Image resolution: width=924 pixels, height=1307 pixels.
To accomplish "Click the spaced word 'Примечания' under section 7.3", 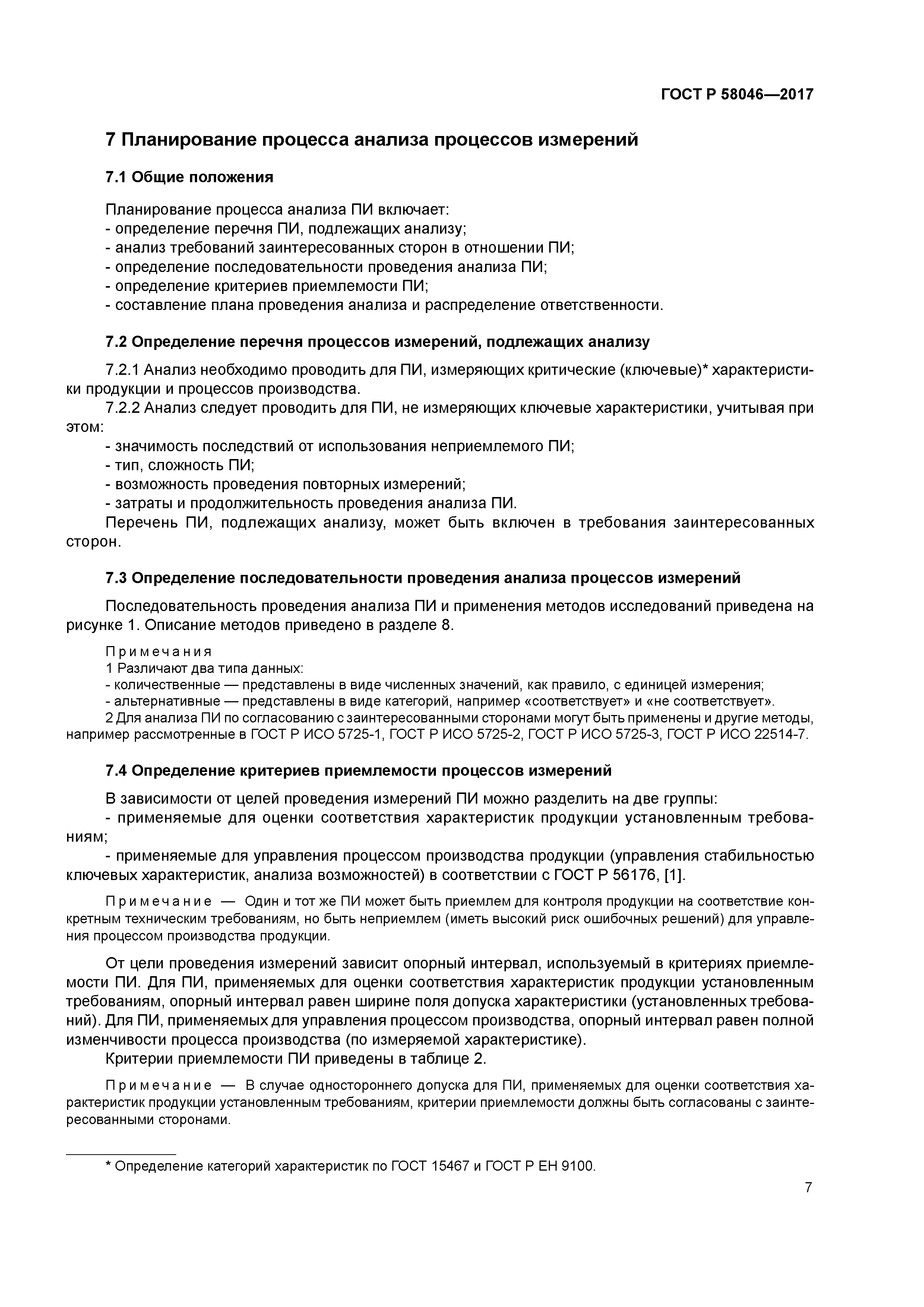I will (x=159, y=651).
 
